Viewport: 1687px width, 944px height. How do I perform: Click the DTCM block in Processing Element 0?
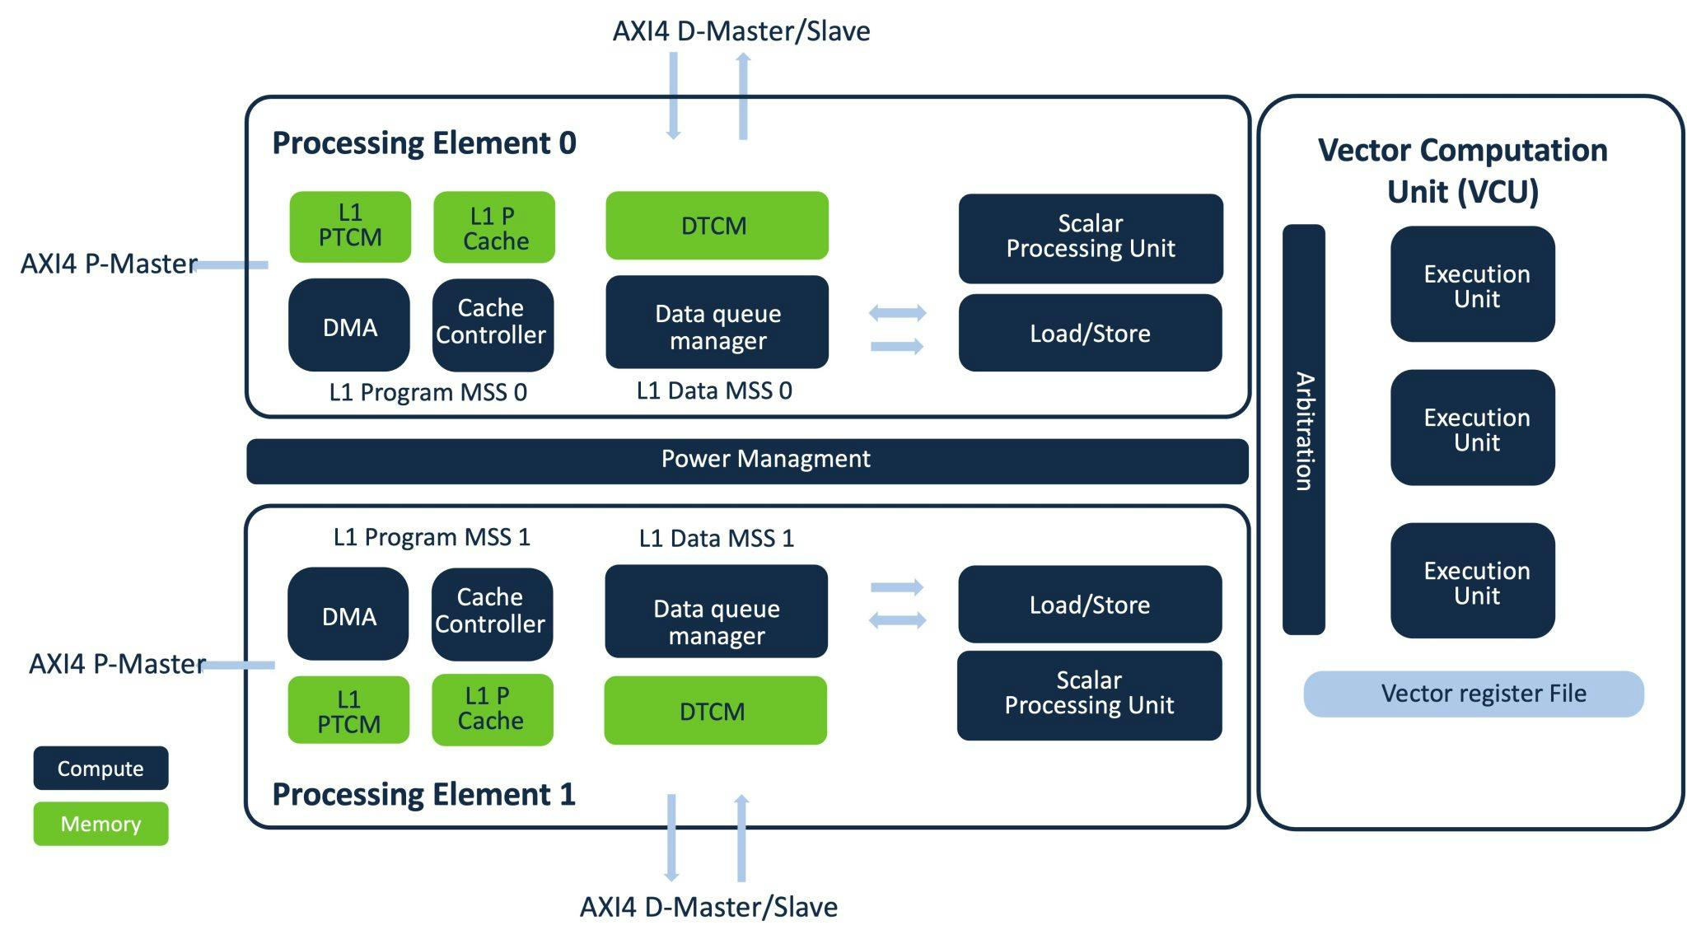click(x=717, y=226)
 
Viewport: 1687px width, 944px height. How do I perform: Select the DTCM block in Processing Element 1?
click(x=715, y=711)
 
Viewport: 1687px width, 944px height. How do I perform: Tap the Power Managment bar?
click(x=747, y=460)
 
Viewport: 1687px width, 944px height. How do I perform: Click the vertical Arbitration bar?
click(x=1303, y=429)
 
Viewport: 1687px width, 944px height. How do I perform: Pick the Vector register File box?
click(x=1474, y=694)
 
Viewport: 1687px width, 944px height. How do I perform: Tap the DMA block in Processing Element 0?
click(x=349, y=325)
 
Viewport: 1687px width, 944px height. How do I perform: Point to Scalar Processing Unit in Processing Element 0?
click(x=1091, y=237)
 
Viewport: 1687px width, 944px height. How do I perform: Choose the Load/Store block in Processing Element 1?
click(x=1090, y=605)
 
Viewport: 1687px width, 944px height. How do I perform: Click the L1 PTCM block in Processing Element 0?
click(x=350, y=227)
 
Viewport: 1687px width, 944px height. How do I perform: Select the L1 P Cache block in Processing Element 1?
click(x=492, y=709)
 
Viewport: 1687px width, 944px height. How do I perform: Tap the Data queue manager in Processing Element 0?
click(x=717, y=323)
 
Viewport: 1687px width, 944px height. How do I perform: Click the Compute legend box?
click(x=100, y=768)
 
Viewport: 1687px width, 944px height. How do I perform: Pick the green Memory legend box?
click(x=100, y=824)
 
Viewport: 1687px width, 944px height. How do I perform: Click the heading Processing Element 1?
click(x=423, y=795)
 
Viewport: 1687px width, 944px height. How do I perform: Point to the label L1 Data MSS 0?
click(x=714, y=390)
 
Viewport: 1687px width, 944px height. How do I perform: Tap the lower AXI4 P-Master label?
click(x=117, y=664)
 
